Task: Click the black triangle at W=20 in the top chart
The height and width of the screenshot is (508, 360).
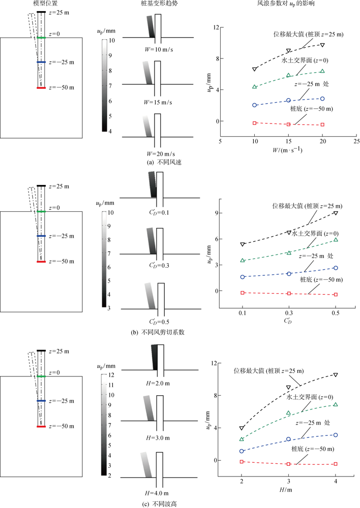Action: [322, 45]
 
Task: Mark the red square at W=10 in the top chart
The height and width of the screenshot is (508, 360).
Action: [255, 123]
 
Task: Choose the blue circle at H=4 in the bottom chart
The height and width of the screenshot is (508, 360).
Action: [336, 435]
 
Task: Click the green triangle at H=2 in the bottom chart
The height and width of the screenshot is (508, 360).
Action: [242, 439]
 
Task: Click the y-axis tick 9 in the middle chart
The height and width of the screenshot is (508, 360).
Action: [217, 213]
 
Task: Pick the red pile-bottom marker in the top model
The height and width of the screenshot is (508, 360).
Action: [41, 88]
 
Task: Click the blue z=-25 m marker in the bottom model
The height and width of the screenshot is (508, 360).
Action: [41, 401]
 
